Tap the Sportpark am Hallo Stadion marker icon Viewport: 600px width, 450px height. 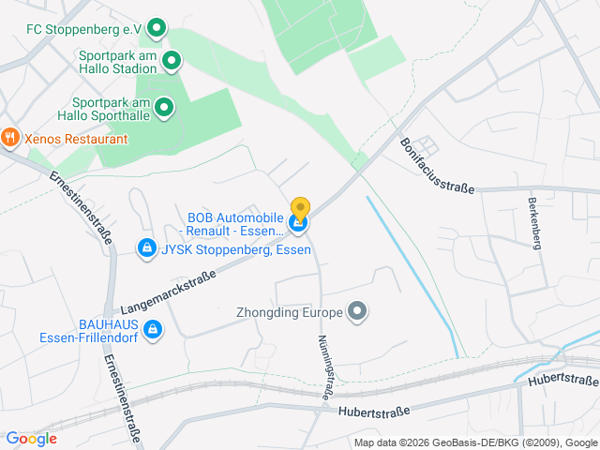tap(172, 62)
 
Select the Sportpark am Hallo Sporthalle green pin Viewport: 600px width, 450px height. tap(164, 108)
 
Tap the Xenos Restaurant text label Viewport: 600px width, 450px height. tap(76, 139)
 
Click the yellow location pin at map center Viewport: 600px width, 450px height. tap(300, 207)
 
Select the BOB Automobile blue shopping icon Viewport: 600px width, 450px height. tap(298, 223)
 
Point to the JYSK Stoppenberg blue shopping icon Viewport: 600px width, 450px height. tap(146, 248)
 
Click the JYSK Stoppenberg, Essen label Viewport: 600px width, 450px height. tap(236, 249)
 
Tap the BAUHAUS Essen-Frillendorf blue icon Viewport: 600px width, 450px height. tap(153, 330)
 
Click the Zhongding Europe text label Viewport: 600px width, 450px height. tap(291, 311)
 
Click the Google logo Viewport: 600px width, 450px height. tap(31, 439)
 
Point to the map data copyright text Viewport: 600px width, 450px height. tap(475, 442)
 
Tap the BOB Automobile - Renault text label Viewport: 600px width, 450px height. tap(234, 224)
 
